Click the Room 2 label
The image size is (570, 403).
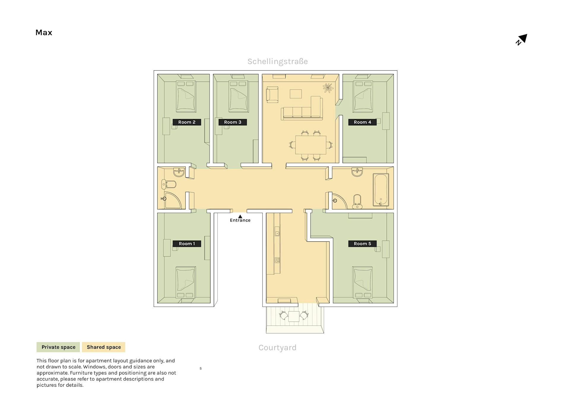187,122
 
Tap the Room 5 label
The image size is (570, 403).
362,244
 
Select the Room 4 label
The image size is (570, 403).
362,122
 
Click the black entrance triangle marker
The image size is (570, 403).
240,216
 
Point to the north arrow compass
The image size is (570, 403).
522,39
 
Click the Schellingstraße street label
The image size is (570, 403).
278,61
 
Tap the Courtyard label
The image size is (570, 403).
277,347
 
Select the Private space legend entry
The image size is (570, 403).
58,347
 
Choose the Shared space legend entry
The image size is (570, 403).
104,347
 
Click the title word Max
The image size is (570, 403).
44,32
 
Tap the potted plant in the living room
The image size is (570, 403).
328,88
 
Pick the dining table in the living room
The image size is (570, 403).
311,145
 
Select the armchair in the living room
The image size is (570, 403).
272,95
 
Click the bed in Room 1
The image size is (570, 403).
186,282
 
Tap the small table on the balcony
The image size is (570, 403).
294,316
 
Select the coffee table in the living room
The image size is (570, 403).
296,94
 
